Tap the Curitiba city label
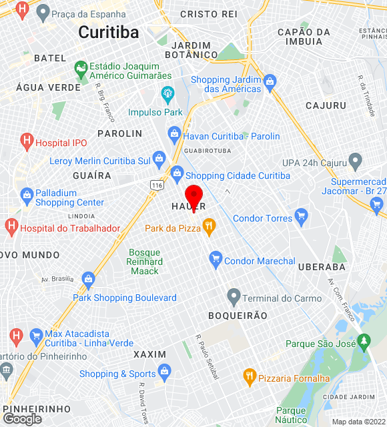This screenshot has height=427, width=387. (108, 32)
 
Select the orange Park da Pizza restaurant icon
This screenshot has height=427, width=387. (209, 227)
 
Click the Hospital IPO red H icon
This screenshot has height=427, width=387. (27, 141)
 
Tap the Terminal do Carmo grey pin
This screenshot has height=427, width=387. (234, 296)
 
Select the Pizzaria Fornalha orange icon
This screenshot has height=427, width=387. (250, 376)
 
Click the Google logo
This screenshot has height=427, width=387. (22, 419)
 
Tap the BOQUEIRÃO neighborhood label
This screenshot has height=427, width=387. (238, 316)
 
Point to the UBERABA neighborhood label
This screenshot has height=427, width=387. (323, 267)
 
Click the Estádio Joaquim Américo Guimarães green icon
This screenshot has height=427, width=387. (81, 68)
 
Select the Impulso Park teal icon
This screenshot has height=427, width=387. (167, 92)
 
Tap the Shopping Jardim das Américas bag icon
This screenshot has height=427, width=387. (270, 82)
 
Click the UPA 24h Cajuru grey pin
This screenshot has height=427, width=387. (355, 161)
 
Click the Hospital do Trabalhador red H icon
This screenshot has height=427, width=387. (11, 228)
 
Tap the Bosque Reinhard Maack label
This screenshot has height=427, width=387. (144, 262)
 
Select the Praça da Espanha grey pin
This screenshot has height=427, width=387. (43, 12)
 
